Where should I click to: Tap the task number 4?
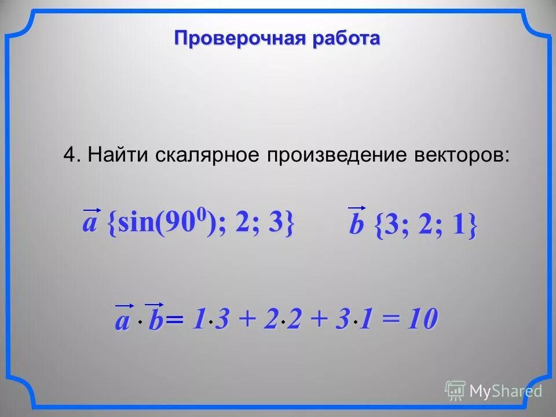pos(69,155)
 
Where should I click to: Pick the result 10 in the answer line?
pos(421,319)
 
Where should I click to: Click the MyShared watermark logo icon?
pos(455,391)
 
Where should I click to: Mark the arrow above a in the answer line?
pos(125,304)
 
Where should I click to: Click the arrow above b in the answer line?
pos(155,303)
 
